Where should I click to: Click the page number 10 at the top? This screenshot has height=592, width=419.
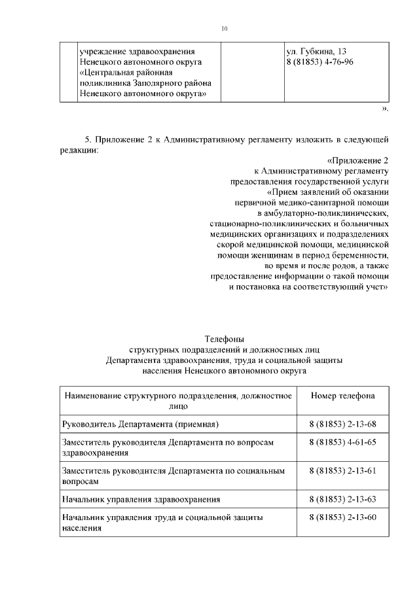click(224, 29)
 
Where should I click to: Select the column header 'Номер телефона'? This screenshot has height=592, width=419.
click(342, 396)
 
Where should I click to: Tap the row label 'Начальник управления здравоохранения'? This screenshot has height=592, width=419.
click(140, 499)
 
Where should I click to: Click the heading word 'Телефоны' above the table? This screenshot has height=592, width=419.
click(225, 340)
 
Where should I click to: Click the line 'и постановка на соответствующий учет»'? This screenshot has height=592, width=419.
click(308, 287)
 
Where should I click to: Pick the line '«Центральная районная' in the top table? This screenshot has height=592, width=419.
click(125, 73)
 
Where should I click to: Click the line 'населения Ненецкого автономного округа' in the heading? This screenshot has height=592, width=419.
click(225, 370)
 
